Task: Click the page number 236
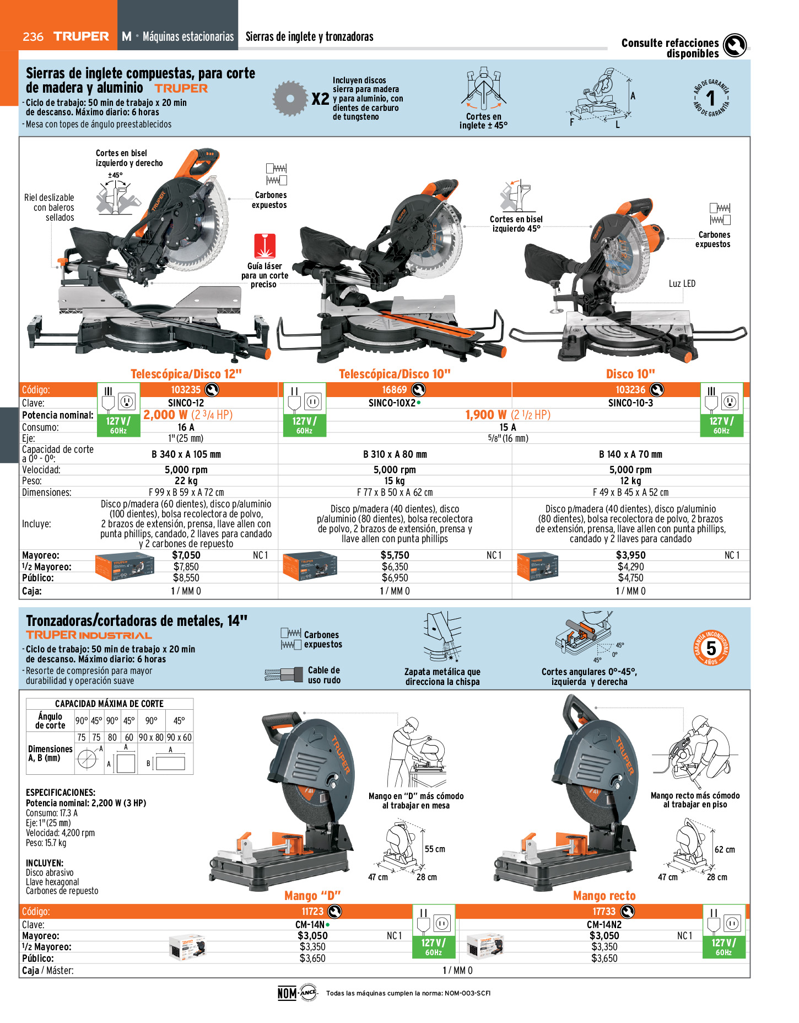click(x=33, y=36)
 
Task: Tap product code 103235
click(x=186, y=390)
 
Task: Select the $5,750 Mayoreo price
click(x=395, y=555)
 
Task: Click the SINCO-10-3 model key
click(x=630, y=403)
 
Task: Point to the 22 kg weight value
click(x=186, y=481)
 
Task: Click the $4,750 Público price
click(x=630, y=578)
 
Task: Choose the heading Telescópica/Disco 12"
click(x=186, y=374)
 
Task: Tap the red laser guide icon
click(x=264, y=246)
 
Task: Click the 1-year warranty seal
click(x=711, y=98)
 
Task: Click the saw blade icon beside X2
click(x=290, y=99)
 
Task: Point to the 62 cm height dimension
click(x=725, y=850)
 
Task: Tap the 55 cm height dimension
click(x=435, y=849)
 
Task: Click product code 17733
click(x=604, y=912)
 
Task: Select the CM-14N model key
click(x=310, y=925)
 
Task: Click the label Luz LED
click(x=682, y=283)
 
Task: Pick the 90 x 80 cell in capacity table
click(x=151, y=737)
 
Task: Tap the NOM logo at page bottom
click(x=287, y=993)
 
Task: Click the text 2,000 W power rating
click(x=165, y=415)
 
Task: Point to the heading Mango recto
click(x=604, y=896)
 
